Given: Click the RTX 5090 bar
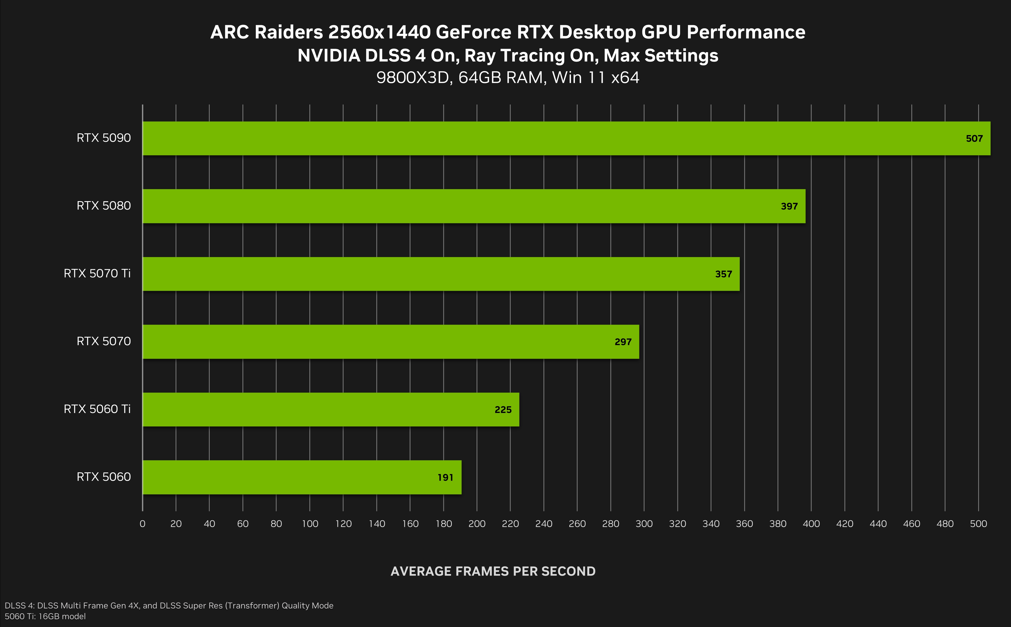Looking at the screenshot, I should pyautogui.click(x=566, y=138).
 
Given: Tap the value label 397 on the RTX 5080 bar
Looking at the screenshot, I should pyautogui.click(x=789, y=207).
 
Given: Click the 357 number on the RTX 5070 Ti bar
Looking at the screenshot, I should pyautogui.click(x=723, y=274).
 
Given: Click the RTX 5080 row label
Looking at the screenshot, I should pyautogui.click(x=104, y=206).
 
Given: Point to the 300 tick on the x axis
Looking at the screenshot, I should pyautogui.click(x=644, y=524).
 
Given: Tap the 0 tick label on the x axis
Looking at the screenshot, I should pyautogui.click(x=142, y=524).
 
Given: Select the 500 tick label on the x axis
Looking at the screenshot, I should pyautogui.click(x=978, y=524).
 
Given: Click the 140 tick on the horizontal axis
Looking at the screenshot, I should pyautogui.click(x=377, y=524).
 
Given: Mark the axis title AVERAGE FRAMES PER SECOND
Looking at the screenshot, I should pyautogui.click(x=493, y=571).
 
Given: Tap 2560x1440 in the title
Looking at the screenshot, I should pyautogui.click(x=379, y=32).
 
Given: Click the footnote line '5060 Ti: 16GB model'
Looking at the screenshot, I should pyautogui.click(x=45, y=616).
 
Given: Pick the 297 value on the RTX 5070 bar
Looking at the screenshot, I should pyautogui.click(x=623, y=342).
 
